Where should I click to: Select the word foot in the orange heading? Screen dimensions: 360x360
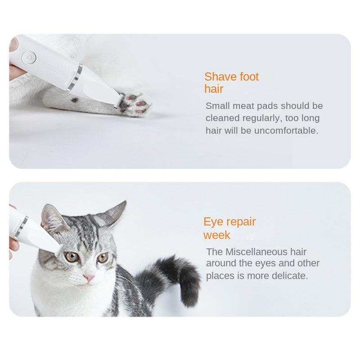click(x=249, y=77)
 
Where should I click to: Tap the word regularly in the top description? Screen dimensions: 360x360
click(x=260, y=118)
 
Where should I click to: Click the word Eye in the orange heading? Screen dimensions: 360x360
click(x=213, y=222)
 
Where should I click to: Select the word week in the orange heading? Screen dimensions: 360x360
click(x=217, y=235)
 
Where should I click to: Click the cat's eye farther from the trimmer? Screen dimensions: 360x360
click(x=103, y=258)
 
